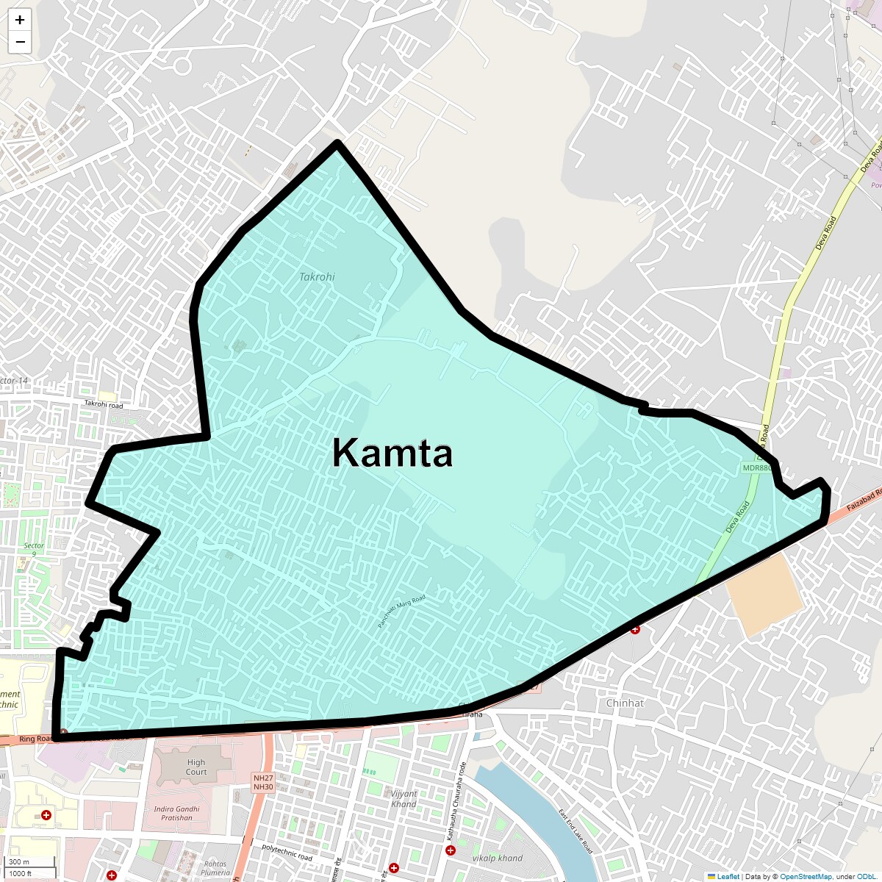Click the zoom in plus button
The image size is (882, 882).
[x=20, y=20]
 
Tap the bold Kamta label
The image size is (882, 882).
[x=392, y=453]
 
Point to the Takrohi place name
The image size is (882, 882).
[x=317, y=277]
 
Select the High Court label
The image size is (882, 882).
[x=196, y=767]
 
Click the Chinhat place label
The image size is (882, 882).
[x=625, y=703]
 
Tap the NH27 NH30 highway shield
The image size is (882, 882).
[x=263, y=782]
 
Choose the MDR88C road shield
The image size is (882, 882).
[x=756, y=467]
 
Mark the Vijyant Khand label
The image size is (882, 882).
[x=404, y=799]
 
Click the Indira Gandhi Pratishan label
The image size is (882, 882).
[x=176, y=813]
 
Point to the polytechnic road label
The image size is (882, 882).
[x=287, y=852]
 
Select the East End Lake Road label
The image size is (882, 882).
[x=575, y=831]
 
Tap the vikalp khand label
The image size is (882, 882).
[x=497, y=858]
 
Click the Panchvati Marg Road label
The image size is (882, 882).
[x=401, y=612]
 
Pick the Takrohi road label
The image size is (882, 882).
[x=104, y=404]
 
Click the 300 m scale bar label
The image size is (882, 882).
[x=20, y=862]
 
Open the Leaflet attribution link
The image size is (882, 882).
[x=728, y=876]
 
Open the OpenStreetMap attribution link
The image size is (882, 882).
[x=806, y=876]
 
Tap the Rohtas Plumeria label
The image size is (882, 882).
[x=215, y=868]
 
